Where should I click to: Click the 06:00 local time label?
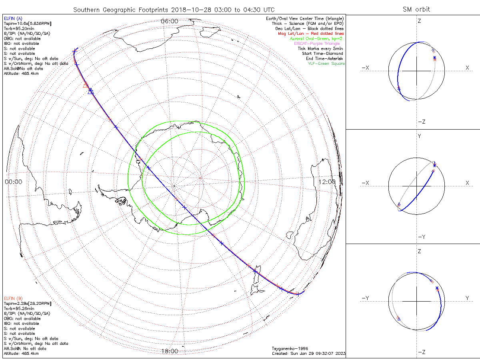pos(169,21)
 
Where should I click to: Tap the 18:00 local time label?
pos(169,351)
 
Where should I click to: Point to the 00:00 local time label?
pos(13,182)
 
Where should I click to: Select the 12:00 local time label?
pos(327,182)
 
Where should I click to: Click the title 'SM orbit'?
pos(417,9)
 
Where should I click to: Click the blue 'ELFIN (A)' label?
pos(14,18)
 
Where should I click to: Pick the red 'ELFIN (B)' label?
pos(14,298)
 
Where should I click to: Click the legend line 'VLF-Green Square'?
pos(326,64)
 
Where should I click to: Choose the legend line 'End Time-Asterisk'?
pos(324,58)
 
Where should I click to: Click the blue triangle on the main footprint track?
pos(90,91)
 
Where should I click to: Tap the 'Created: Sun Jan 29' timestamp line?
pos(308,354)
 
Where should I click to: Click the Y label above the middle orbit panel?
pos(419,136)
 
